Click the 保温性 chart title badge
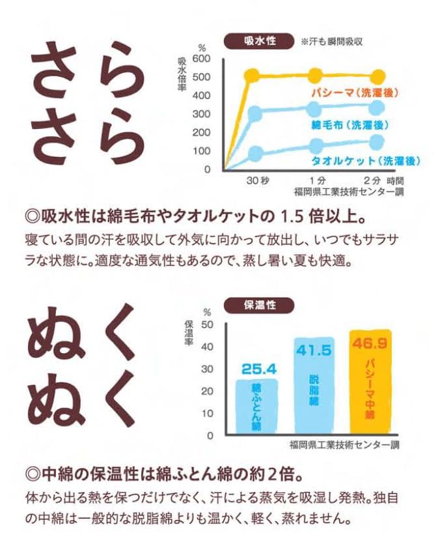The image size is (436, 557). [258, 304]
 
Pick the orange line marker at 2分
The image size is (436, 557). [376, 76]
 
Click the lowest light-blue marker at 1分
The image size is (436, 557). [316, 145]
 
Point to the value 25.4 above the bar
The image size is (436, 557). [259, 369]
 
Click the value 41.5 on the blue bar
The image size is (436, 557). [314, 350]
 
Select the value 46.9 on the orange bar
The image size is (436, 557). [370, 343]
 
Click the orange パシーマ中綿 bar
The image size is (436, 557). [370, 391]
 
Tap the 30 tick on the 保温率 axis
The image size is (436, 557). [208, 369]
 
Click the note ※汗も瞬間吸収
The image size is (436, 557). [331, 41]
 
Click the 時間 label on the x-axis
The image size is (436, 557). [394, 180]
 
